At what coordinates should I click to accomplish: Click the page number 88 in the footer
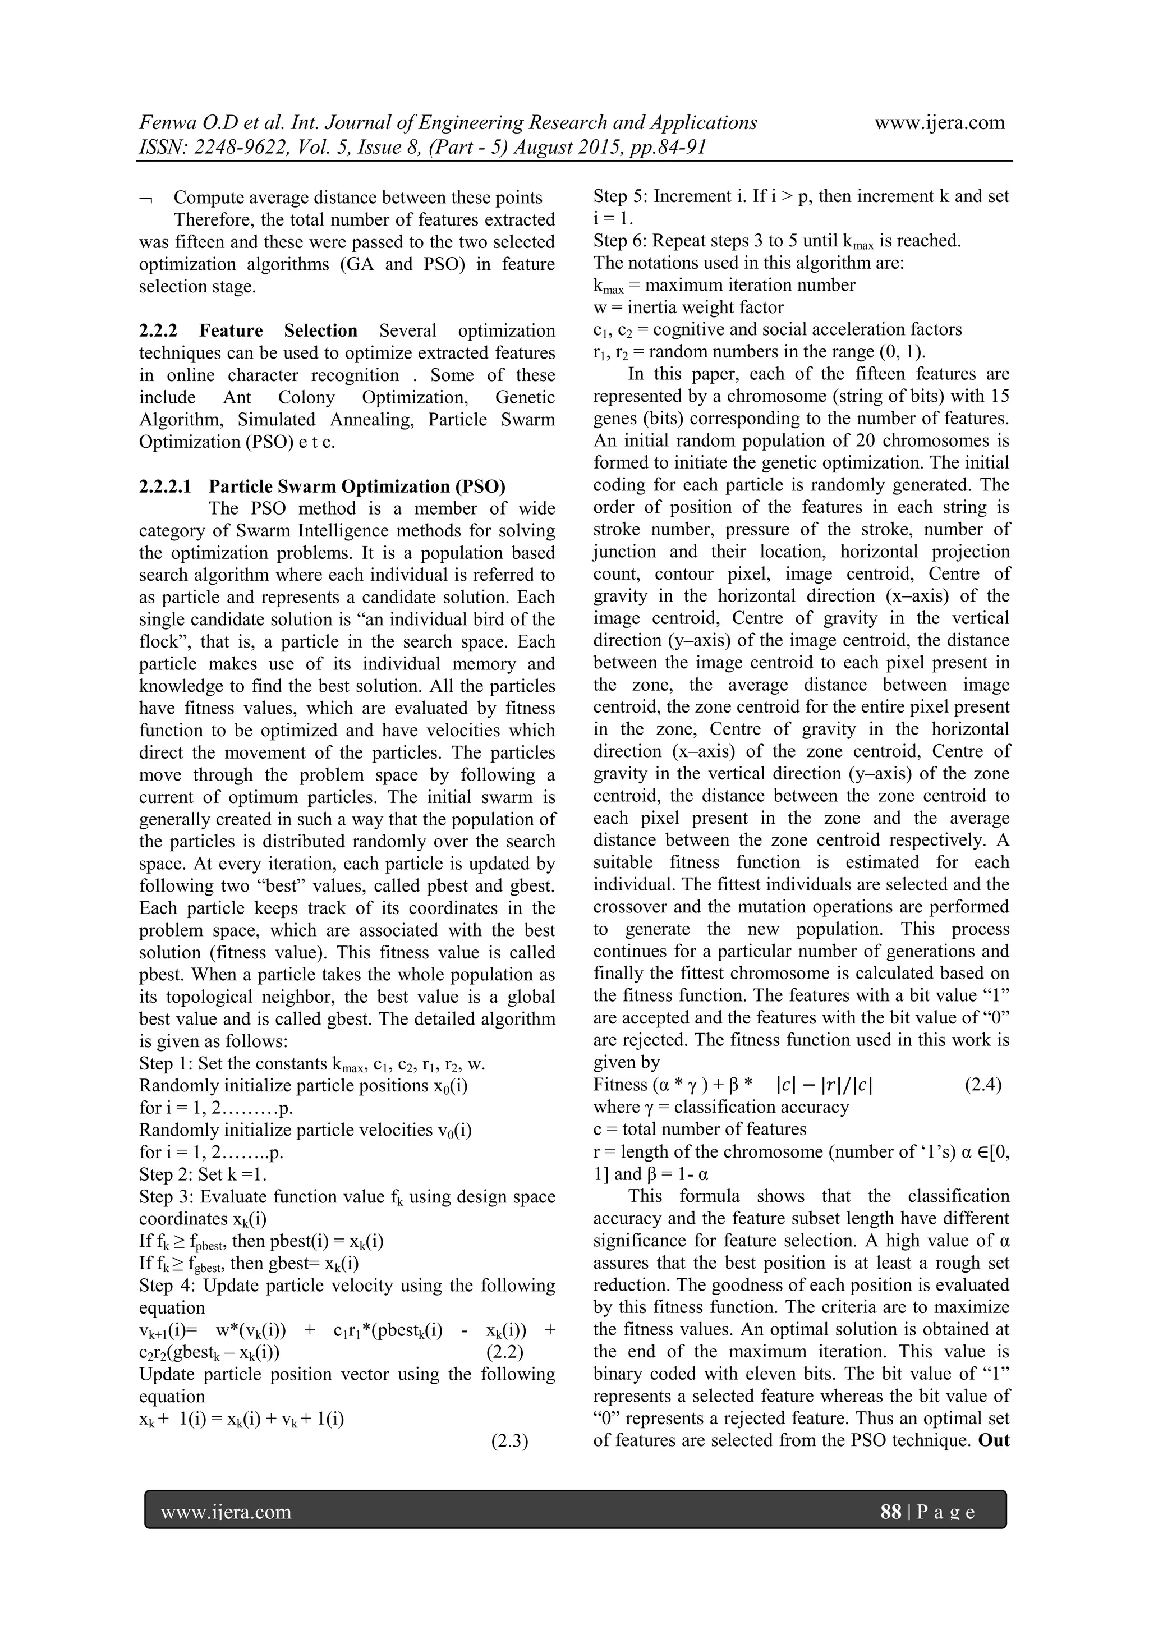(x=890, y=1512)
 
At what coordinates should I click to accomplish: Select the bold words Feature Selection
(x=278, y=330)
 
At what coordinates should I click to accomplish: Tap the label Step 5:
(x=620, y=196)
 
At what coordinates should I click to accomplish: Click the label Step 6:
(x=620, y=241)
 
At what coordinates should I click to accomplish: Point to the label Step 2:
(x=166, y=1174)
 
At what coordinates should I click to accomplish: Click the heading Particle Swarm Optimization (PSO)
(x=357, y=486)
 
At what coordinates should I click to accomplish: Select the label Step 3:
(x=166, y=1197)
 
